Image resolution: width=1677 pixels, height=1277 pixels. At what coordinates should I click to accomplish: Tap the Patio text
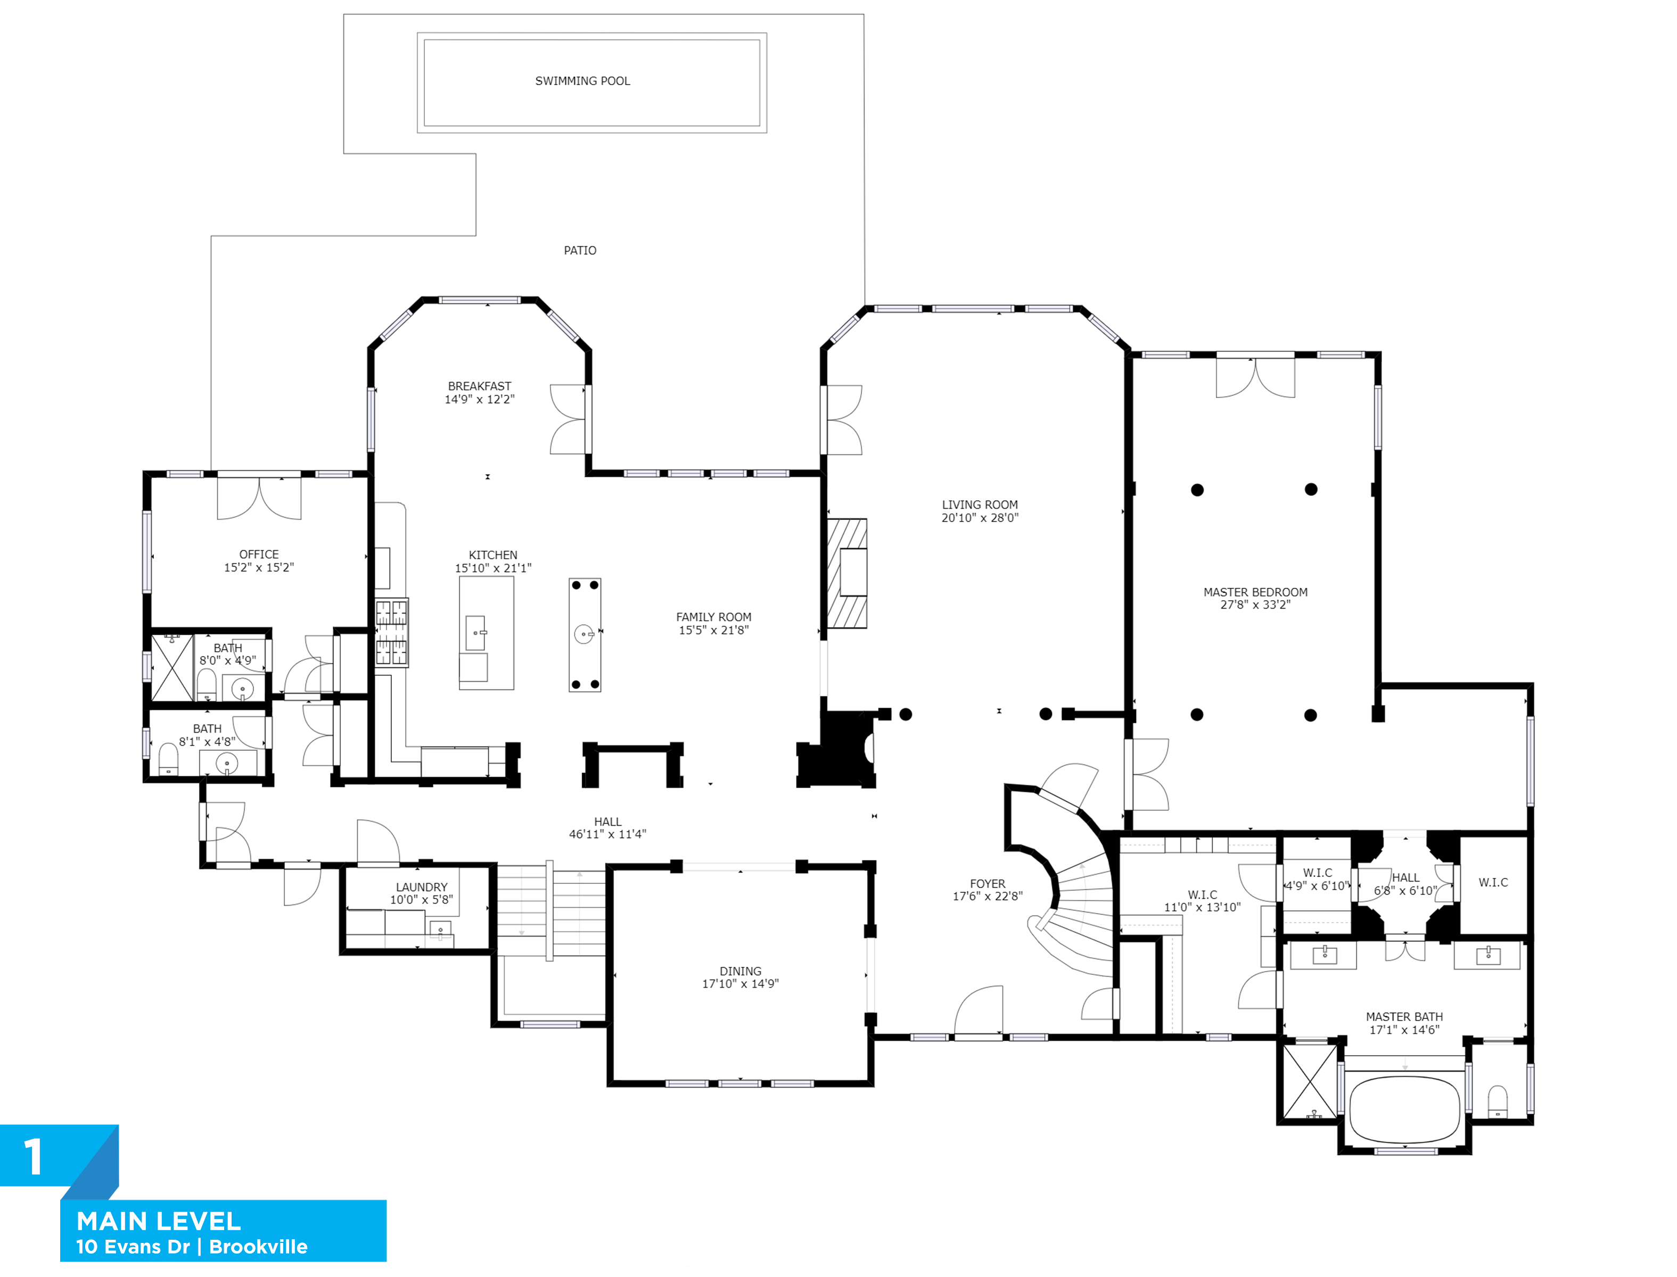point(580,251)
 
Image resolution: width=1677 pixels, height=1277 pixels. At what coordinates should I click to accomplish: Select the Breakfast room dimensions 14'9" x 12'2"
point(479,400)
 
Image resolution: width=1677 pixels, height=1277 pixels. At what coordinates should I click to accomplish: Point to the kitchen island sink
point(475,633)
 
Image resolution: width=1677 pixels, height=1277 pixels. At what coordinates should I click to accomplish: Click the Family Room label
point(713,617)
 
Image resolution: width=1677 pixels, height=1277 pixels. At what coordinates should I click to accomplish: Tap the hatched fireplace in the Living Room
point(847,573)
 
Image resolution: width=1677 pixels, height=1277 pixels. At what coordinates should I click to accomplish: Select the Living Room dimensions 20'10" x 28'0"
point(980,518)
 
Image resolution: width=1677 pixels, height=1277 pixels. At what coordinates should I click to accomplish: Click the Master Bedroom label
point(1255,592)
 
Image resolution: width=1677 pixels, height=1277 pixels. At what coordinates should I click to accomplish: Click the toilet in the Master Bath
point(1497,1101)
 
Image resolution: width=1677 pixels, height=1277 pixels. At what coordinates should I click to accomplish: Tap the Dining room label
point(740,972)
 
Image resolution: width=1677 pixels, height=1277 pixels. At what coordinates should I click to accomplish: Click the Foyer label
point(987,884)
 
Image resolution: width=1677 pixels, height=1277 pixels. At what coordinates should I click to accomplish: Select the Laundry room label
point(421,887)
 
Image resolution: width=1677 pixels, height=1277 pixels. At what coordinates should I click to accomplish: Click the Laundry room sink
point(440,930)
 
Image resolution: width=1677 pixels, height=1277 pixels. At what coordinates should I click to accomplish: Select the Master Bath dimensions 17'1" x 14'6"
point(1404,1031)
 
